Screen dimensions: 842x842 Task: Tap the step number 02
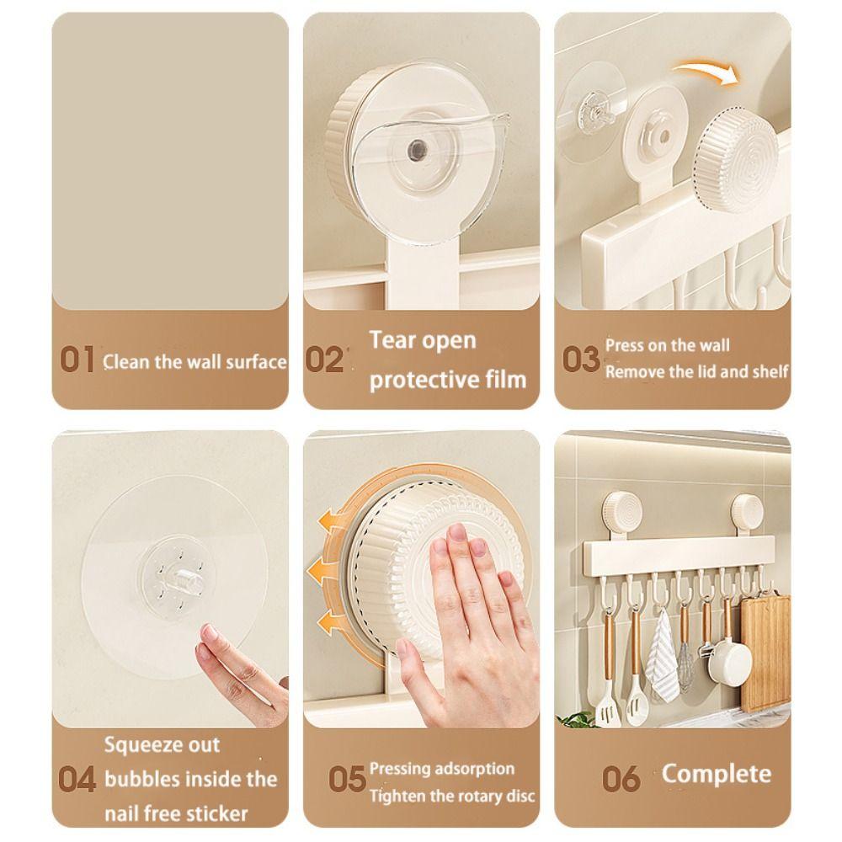click(x=324, y=360)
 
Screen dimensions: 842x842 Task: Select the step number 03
click(x=580, y=360)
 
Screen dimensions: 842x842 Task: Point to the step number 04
click(x=77, y=780)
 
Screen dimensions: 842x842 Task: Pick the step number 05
click(x=347, y=780)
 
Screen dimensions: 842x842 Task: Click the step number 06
click(x=621, y=779)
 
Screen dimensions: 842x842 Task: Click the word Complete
click(x=716, y=774)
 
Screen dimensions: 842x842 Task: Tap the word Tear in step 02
click(x=394, y=341)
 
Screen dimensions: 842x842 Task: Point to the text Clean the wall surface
click(x=195, y=363)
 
